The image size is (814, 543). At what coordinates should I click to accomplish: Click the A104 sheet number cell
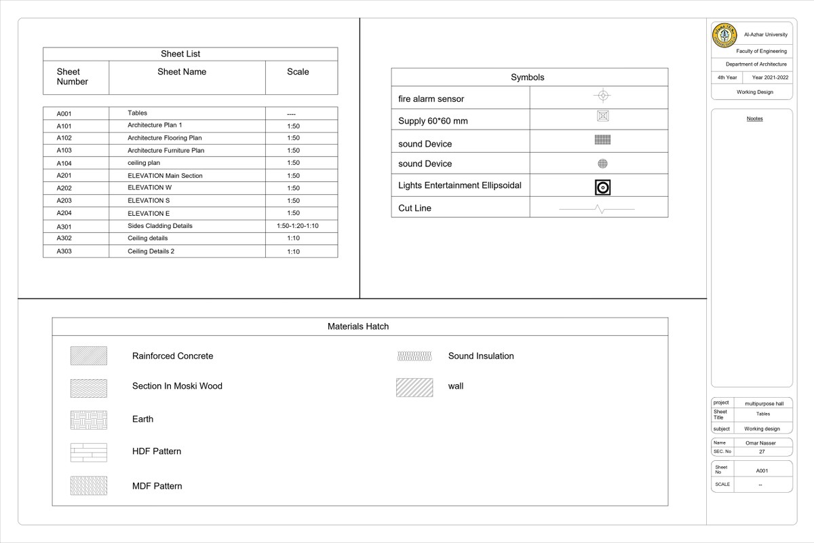64,164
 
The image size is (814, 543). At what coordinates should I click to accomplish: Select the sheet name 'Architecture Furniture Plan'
166,151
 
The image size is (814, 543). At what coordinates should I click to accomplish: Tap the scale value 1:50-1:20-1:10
297,226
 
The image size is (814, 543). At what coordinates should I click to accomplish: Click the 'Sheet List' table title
180,54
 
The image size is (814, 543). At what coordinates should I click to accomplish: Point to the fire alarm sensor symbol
603,96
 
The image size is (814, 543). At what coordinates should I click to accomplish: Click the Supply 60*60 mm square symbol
603,116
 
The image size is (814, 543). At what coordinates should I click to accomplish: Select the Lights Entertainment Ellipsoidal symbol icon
603,187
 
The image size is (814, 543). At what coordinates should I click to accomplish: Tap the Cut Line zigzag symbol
598,210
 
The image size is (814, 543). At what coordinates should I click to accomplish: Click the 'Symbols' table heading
528,77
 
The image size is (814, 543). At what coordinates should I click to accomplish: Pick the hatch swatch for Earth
88,419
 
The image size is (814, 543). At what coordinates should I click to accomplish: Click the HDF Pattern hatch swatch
88,452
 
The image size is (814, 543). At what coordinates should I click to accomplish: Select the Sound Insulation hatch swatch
415,356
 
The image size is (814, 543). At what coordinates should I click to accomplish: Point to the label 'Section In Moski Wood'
177,386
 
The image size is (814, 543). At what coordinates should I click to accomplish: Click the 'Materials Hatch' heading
358,326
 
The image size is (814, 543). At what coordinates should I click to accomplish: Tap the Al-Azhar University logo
724,35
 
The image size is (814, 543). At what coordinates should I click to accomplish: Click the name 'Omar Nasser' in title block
760,443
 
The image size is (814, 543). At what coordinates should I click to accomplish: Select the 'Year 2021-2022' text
770,78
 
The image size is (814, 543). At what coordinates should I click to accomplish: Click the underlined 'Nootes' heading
754,119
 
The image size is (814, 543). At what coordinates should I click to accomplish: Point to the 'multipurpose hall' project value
764,404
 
